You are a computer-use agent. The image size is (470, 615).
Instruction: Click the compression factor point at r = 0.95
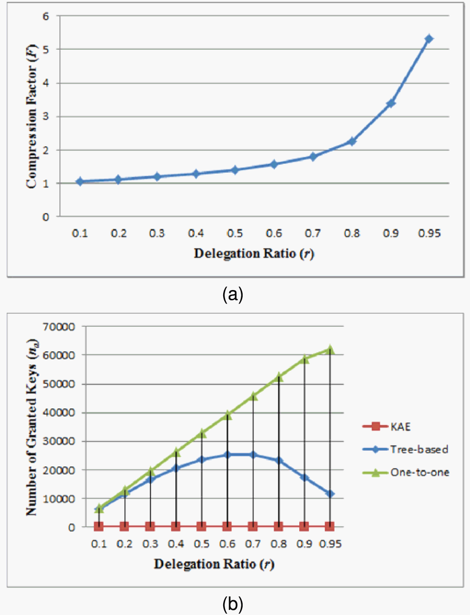point(429,39)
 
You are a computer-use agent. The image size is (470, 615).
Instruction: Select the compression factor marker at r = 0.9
point(391,103)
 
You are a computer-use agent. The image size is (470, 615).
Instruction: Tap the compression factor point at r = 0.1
point(80,181)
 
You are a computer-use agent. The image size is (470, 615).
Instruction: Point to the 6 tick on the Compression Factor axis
point(45,16)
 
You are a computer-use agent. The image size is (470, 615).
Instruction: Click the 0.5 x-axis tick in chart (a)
point(235,233)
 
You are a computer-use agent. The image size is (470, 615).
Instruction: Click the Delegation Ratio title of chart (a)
point(254,253)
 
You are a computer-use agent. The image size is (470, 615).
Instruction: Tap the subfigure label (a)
point(232,295)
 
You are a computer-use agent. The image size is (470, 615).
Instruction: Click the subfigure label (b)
point(232,604)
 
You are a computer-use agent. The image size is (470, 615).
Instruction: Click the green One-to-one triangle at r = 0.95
point(330,349)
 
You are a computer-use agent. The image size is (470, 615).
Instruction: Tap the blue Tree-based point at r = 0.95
point(330,494)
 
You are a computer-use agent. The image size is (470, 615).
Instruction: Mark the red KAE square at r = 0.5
point(201,526)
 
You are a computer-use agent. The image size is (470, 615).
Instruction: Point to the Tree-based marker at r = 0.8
point(278,460)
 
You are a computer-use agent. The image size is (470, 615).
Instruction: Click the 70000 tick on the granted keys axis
point(58,327)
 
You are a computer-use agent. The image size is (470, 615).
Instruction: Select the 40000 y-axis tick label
point(58,413)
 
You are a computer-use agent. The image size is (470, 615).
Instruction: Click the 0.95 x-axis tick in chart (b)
point(330,544)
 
